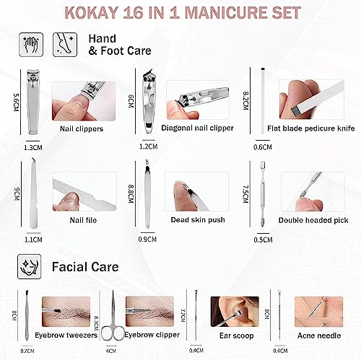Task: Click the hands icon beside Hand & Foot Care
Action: (31, 45)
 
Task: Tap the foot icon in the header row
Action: (65, 45)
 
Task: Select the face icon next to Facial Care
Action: (30, 267)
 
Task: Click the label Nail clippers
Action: (82, 128)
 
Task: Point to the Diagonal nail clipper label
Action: (197, 128)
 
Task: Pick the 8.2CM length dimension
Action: (245, 100)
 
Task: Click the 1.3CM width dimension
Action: (33, 147)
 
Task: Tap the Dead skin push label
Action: (198, 220)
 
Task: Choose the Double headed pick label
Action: (313, 220)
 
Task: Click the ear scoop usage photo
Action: (235, 312)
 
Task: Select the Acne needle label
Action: (319, 335)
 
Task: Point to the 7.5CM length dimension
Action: (245, 194)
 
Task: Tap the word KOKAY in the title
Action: (92, 13)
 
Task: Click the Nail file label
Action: (83, 220)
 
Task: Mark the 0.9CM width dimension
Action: (147, 240)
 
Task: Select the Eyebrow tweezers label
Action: (66, 335)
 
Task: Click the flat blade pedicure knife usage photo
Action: (311, 100)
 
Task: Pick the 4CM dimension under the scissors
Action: (111, 351)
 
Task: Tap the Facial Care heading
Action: (85, 267)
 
